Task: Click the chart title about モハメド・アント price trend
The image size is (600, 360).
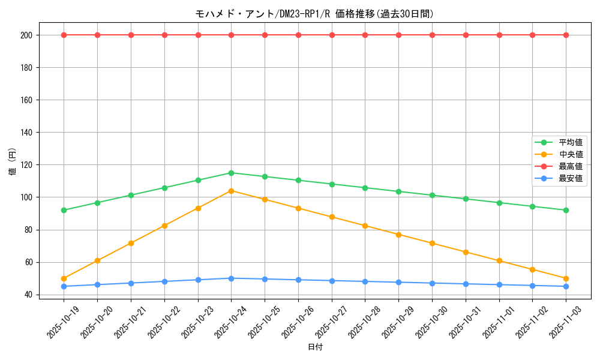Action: coord(314,14)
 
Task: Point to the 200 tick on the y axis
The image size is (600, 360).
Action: coord(26,35)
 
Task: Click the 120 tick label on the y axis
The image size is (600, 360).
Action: coord(26,165)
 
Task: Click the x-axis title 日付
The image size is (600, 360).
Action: coord(315,347)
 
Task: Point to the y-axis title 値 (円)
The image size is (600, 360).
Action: coord(13,162)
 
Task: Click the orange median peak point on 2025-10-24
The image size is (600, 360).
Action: coord(231,191)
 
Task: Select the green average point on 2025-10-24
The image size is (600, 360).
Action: coord(231,173)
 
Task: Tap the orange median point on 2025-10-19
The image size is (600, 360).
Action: coord(64,278)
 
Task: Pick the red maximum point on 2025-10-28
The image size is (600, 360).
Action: coord(365,35)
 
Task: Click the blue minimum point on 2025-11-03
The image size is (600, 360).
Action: coord(566,286)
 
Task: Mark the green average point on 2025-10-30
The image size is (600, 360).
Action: coord(432,195)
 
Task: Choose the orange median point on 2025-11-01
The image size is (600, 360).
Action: coord(499,261)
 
